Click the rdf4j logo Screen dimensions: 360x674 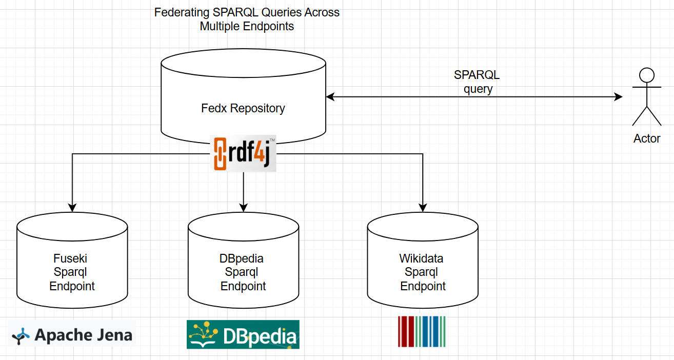tap(244, 154)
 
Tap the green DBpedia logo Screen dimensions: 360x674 tap(243, 334)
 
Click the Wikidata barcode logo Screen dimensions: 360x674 tap(422, 332)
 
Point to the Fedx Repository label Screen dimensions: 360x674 tap(243, 109)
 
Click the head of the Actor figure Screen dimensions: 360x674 tap(646, 76)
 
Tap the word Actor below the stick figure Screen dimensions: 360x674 tap(647, 138)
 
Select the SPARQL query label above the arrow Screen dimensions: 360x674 tap(477, 82)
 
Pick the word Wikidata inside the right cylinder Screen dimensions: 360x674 tap(421, 258)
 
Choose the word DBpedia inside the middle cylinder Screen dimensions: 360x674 tap(242, 258)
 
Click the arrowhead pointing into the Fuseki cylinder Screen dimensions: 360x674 tap(72, 208)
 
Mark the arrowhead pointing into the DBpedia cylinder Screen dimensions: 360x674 tap(243, 208)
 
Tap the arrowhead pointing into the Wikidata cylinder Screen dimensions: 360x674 tap(423, 208)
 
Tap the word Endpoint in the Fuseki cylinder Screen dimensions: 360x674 tap(72, 286)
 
